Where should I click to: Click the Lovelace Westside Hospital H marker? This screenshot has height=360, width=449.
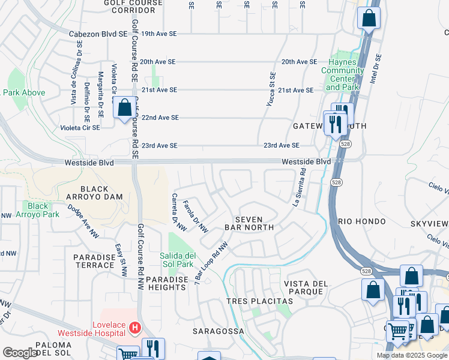pyautogui.click(x=135, y=329)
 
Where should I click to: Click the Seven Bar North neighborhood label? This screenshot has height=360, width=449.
pyautogui.click(x=249, y=223)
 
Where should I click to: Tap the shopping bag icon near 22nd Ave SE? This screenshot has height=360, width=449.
pyautogui.click(x=124, y=109)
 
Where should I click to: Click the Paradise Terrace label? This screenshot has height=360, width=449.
pyautogui.click(x=94, y=261)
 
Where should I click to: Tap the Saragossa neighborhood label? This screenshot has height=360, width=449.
pyautogui.click(x=218, y=331)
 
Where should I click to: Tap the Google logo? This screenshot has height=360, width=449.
pyautogui.click(x=20, y=353)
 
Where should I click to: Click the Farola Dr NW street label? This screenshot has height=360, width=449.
pyautogui.click(x=195, y=216)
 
